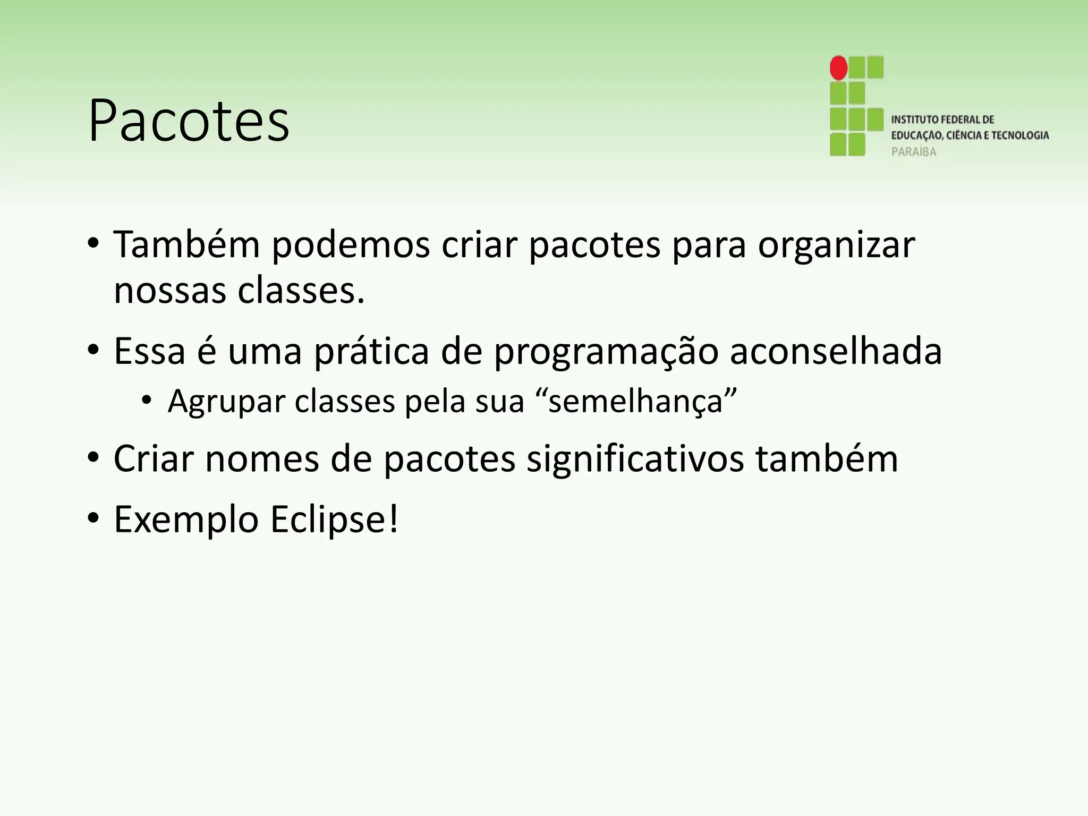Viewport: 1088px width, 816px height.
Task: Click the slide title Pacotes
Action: [189, 121]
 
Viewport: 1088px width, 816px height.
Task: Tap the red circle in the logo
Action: [839, 68]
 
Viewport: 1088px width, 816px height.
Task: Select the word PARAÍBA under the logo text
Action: [914, 152]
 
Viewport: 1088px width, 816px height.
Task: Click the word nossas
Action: [170, 291]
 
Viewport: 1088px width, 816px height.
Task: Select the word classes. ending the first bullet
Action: [301, 291]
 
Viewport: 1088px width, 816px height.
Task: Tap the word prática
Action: [371, 352]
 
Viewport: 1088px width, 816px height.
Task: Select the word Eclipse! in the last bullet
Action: [334, 520]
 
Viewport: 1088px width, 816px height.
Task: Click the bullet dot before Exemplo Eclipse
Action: [93, 518]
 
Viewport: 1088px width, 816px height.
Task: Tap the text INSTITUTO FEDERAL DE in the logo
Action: [942, 120]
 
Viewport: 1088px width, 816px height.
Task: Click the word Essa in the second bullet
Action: [149, 351]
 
